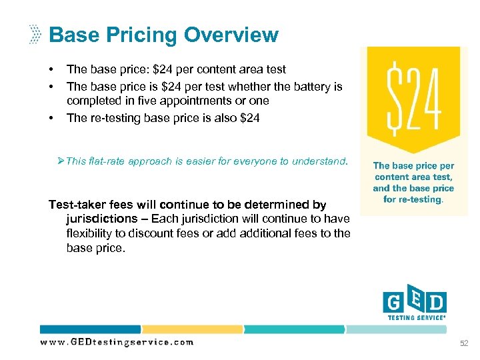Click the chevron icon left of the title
(35, 35)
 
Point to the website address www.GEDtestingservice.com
(117, 342)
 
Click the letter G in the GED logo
(393, 304)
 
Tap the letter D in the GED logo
(436, 304)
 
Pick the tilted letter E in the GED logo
(415, 301)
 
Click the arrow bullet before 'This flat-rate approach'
(62, 161)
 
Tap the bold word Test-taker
(75, 205)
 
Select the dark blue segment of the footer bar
(90, 329)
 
